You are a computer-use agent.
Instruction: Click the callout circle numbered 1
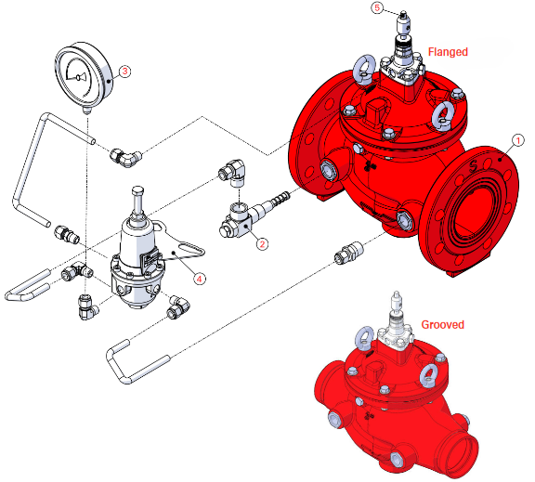[x=515, y=140]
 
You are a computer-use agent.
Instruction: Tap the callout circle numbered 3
[x=124, y=70]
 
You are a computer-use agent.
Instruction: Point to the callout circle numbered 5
[x=377, y=7]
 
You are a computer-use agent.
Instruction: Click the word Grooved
[x=443, y=325]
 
